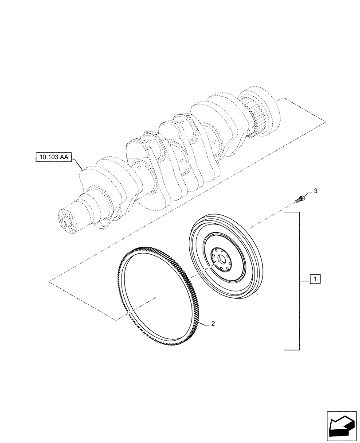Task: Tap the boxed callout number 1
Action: (x=314, y=280)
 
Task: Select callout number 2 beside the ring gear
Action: (x=213, y=324)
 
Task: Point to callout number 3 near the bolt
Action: (x=316, y=190)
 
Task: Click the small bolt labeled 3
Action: (x=300, y=198)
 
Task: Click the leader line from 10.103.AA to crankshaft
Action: (x=80, y=165)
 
